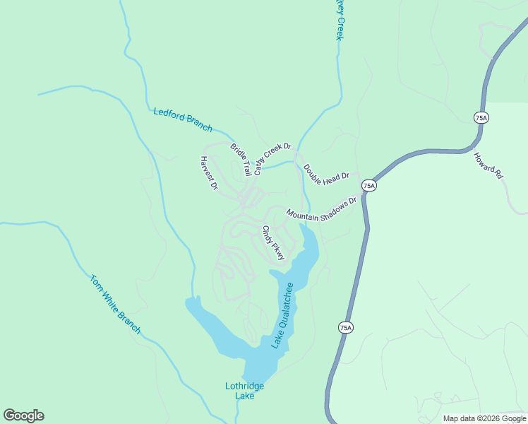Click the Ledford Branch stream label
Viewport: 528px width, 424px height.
click(x=183, y=119)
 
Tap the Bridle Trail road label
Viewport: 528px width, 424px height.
click(x=241, y=159)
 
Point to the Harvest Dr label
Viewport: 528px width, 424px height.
click(x=209, y=173)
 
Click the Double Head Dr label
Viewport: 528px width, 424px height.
click(x=326, y=175)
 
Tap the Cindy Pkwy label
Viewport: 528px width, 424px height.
click(x=273, y=243)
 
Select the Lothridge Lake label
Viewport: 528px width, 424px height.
click(x=244, y=391)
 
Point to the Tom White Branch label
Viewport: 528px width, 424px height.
click(x=115, y=304)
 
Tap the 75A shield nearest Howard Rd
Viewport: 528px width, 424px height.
click(x=481, y=117)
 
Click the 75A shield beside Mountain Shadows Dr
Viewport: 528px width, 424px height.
click(x=368, y=186)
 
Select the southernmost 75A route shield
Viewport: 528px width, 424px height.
click(x=344, y=327)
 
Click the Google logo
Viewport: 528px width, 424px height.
click(x=23, y=416)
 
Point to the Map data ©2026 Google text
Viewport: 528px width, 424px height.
click(x=484, y=418)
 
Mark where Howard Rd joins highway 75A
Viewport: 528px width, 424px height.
click(x=473, y=147)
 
